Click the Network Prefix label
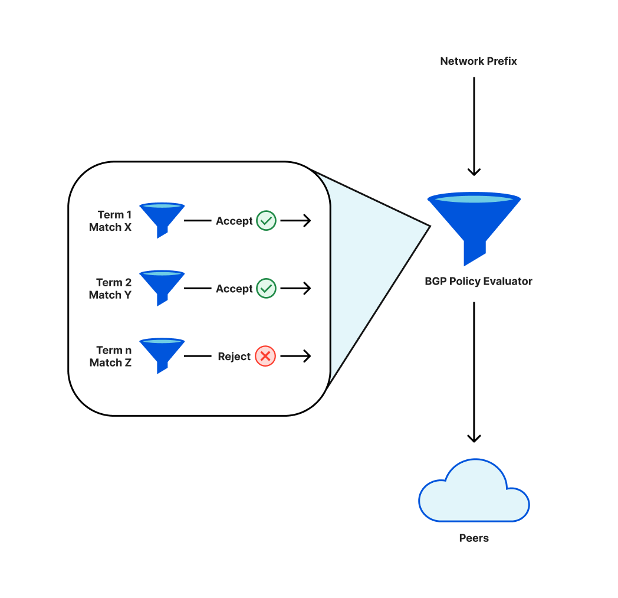[478, 61]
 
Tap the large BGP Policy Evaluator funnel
[474, 224]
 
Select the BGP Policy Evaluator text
[478, 282]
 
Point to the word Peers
[474, 538]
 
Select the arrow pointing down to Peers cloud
[474, 372]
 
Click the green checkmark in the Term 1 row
[266, 221]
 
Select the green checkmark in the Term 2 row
[266, 289]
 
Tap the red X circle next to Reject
[265, 357]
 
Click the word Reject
[234, 357]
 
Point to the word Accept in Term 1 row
[234, 221]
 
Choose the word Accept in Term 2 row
[234, 289]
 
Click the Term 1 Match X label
[110, 221]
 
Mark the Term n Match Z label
[110, 357]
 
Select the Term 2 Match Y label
[110, 289]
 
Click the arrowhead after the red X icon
[305, 357]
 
